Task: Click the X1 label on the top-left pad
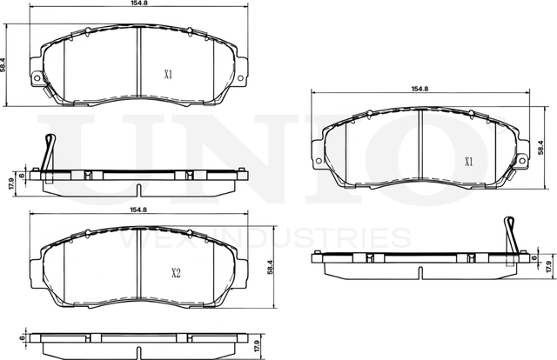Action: coord(168,75)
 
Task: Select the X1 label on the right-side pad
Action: coord(468,161)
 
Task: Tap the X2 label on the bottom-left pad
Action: coord(175,273)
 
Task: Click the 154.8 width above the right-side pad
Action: coord(420,89)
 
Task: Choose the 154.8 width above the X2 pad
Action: coord(138,210)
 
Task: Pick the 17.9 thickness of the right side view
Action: coord(547,265)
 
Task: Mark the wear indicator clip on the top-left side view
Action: coord(50,150)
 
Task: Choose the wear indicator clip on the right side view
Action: coord(509,233)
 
